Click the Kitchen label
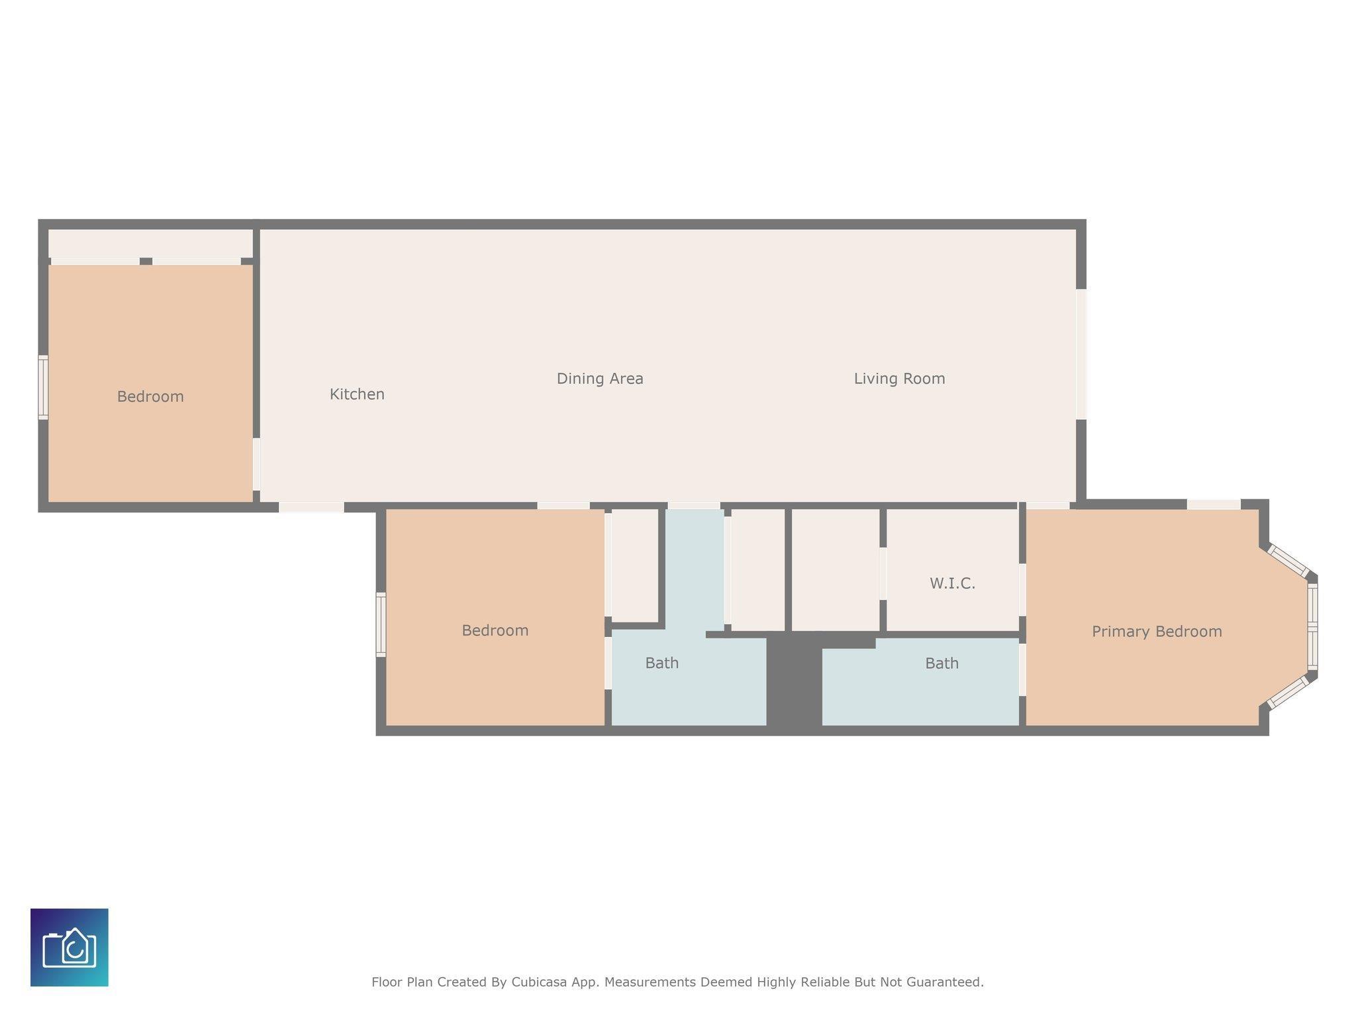point(357,395)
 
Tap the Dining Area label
point(600,379)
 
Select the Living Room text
point(899,379)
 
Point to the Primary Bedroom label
point(1157,632)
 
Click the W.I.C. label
point(952,583)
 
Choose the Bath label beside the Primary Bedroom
point(942,663)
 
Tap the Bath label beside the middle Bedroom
point(661,663)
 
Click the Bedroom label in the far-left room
point(150,397)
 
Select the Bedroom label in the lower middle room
point(495,630)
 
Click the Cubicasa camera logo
point(70,947)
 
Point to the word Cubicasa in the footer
point(538,982)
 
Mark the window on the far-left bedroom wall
point(43,387)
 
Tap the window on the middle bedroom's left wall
point(381,624)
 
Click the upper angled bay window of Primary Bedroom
point(1288,561)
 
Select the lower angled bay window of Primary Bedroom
point(1288,693)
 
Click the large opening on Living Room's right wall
point(1081,354)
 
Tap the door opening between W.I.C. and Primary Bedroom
point(1022,590)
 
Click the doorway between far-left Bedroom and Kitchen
point(256,464)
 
